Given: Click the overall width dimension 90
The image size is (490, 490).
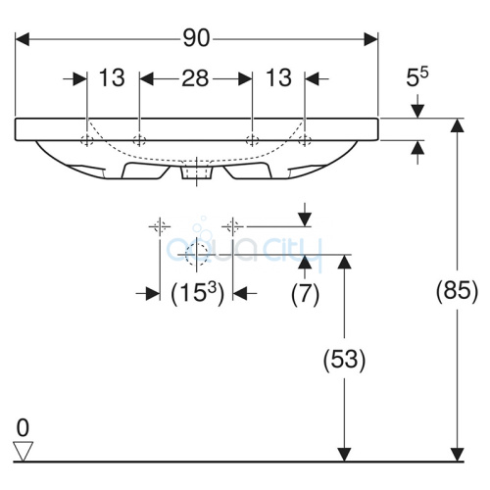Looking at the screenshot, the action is (196, 38).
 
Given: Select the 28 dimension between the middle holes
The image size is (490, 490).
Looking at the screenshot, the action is (195, 78).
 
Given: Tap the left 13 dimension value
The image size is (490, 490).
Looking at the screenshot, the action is (112, 78).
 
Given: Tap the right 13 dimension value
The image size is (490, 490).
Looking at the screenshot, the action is (278, 78).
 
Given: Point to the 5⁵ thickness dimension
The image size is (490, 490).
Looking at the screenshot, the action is (417, 77).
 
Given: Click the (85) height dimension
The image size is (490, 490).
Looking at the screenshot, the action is (457, 290).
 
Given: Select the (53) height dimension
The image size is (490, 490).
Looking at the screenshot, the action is (344, 359).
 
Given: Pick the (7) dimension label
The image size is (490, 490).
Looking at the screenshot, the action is (305, 294).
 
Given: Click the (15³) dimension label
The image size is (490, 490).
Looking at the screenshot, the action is (198, 293).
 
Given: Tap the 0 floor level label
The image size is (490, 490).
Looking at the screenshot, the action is (23, 428).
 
